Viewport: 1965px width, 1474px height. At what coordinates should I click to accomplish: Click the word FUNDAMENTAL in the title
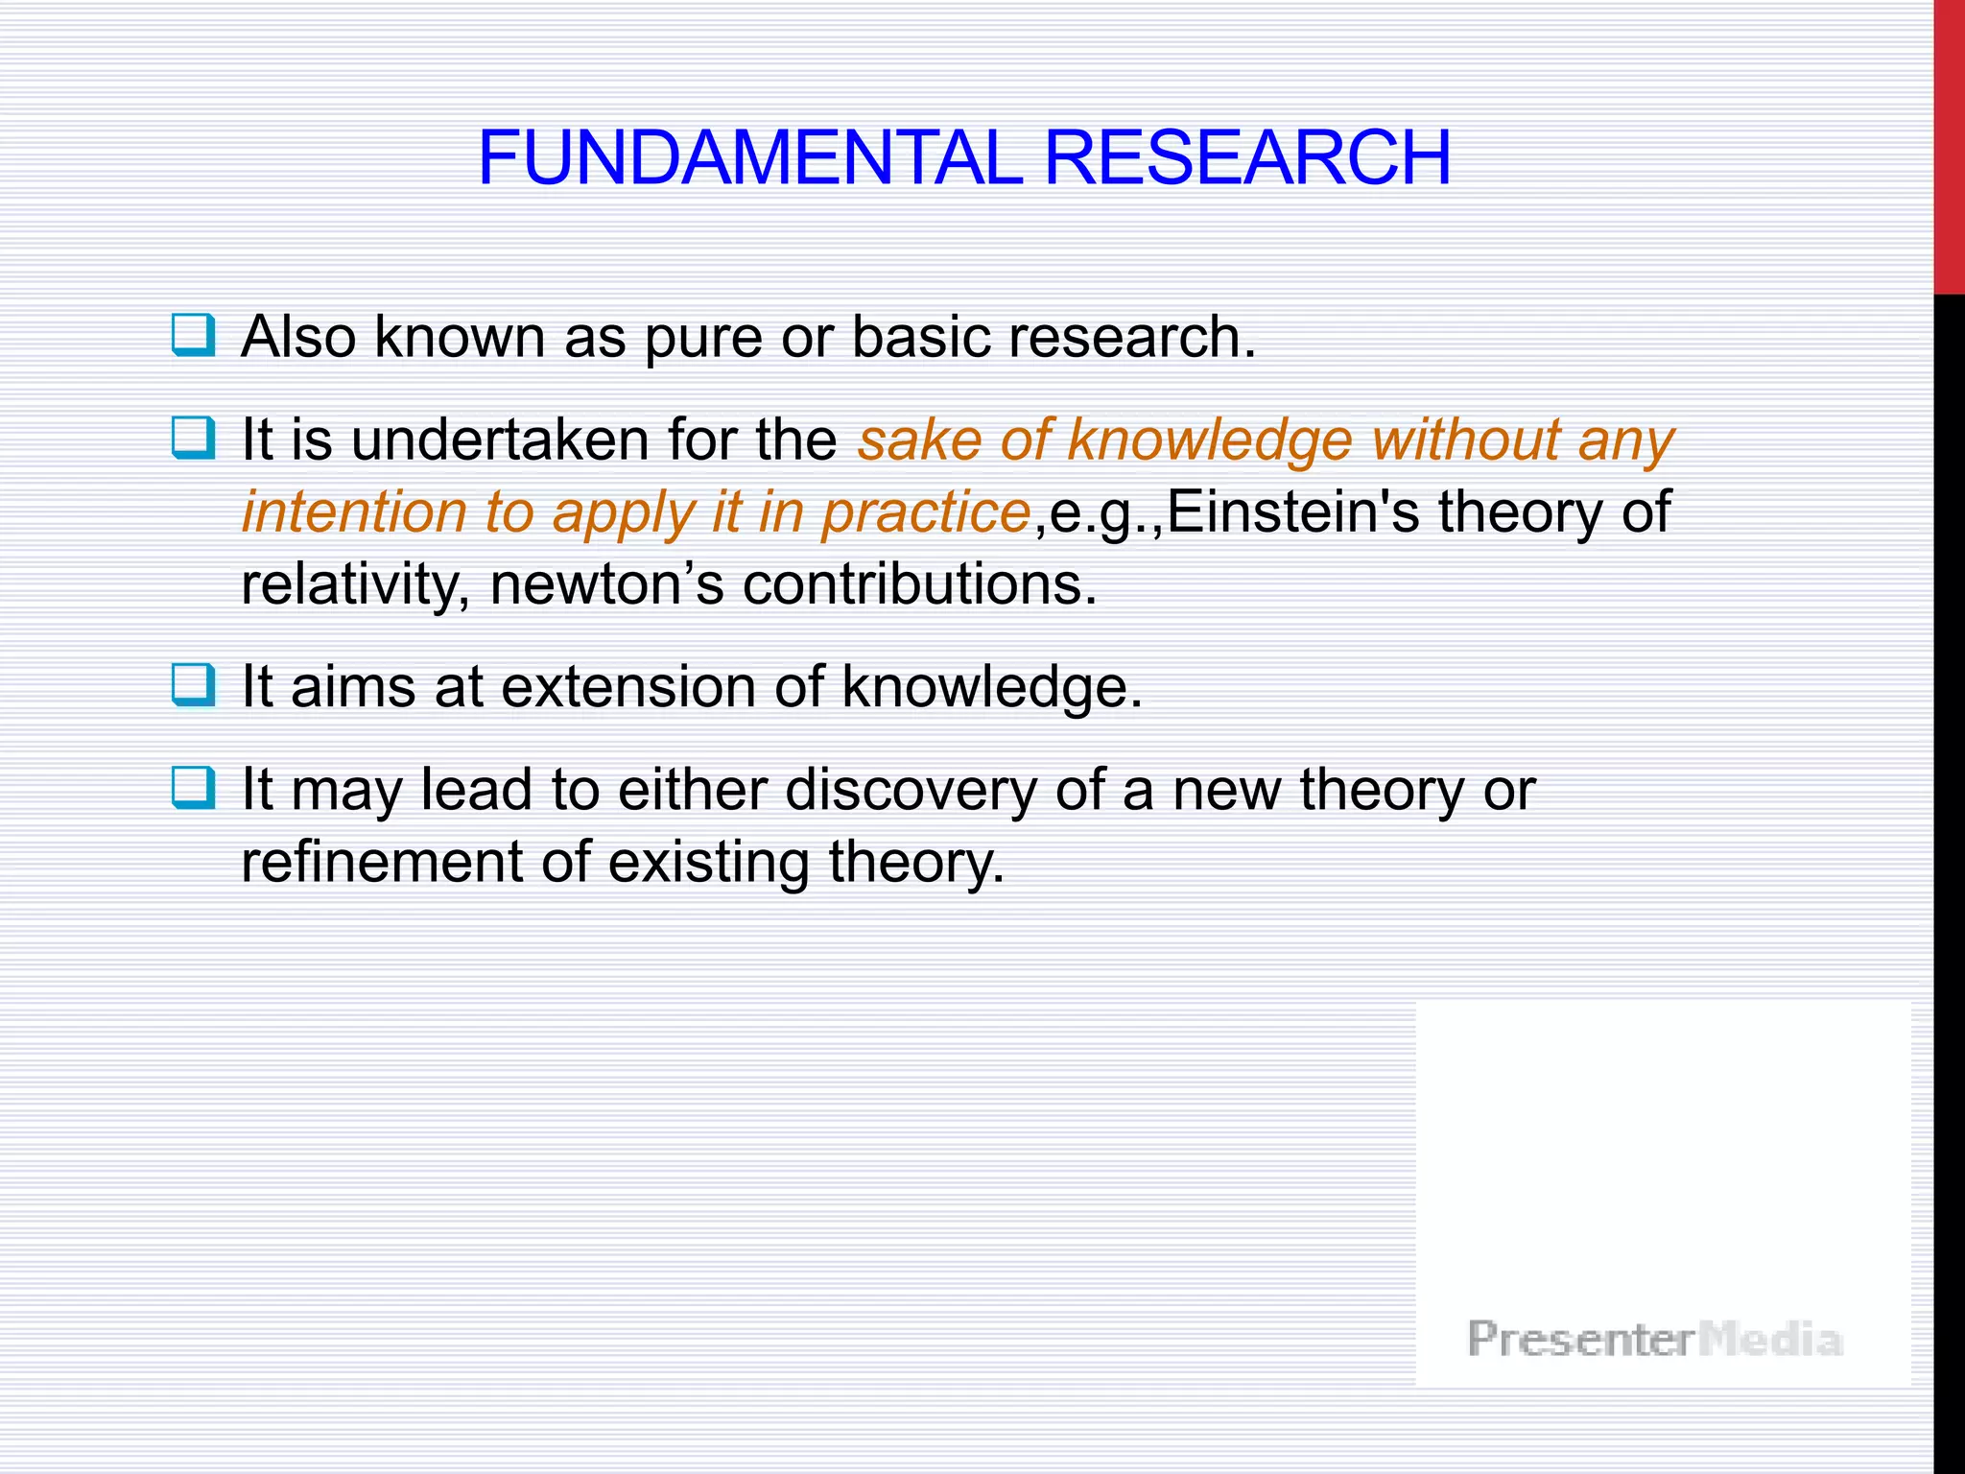click(750, 158)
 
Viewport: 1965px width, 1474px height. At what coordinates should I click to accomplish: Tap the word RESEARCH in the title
click(1246, 158)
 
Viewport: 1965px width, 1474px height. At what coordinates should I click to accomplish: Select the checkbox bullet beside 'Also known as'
click(193, 335)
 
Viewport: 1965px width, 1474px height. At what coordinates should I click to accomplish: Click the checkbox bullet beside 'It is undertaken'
click(193, 438)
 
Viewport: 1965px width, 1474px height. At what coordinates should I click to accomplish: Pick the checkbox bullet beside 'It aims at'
click(193, 685)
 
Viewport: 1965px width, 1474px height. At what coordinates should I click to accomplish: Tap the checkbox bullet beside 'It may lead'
click(193, 788)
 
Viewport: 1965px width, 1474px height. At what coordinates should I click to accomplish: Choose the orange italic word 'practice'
click(926, 513)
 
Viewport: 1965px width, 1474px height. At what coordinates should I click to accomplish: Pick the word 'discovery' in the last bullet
click(911, 791)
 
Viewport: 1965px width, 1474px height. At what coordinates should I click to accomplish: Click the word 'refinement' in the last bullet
click(380, 862)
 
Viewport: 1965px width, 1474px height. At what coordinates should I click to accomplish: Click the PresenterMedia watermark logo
click(1654, 1339)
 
